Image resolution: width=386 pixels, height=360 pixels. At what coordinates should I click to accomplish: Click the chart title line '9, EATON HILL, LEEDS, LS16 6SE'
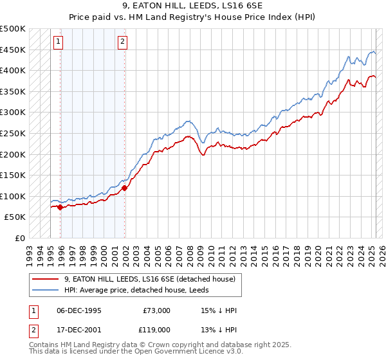pos(192,6)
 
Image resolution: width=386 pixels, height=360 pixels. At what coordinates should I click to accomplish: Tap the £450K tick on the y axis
pos(13,50)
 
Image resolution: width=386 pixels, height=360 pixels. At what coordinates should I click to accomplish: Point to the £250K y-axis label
pos(13,133)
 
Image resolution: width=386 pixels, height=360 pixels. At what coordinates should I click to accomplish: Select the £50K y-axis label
pos(15,217)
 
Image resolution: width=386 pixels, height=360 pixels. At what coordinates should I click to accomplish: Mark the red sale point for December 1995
pos(60,208)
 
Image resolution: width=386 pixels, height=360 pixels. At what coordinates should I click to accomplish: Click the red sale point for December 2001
pos(124,188)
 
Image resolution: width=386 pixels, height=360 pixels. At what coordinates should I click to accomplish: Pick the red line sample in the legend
pos(46,279)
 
